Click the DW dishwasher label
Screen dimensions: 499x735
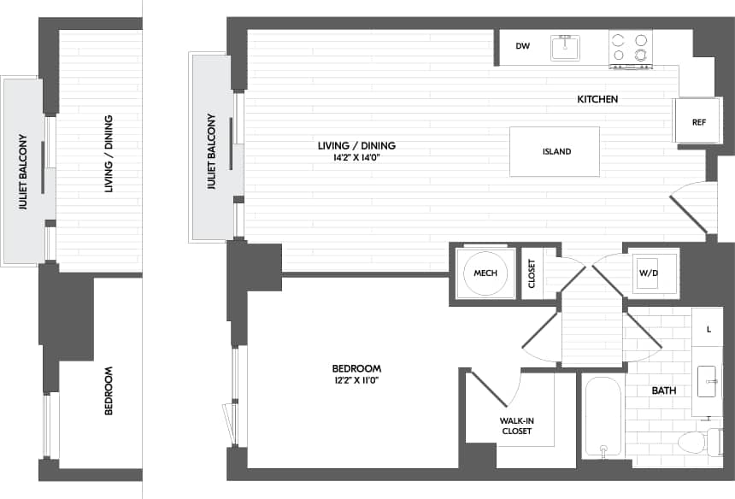[523, 47]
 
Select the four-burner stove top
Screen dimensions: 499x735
[630, 49]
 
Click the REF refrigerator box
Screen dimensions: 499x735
[698, 122]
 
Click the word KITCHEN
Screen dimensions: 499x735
[597, 99]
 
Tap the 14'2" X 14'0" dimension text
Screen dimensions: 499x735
[356, 157]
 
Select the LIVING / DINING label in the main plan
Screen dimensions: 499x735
[356, 145]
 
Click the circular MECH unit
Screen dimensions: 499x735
[485, 273]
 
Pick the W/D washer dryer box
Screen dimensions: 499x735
[655, 273]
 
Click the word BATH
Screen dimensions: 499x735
[664, 390]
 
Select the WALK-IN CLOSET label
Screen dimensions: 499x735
[516, 426]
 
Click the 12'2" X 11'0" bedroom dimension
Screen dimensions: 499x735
[356, 380]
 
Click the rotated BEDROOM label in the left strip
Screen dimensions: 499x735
[109, 390]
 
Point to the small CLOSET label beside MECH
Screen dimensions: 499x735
[532, 273]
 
